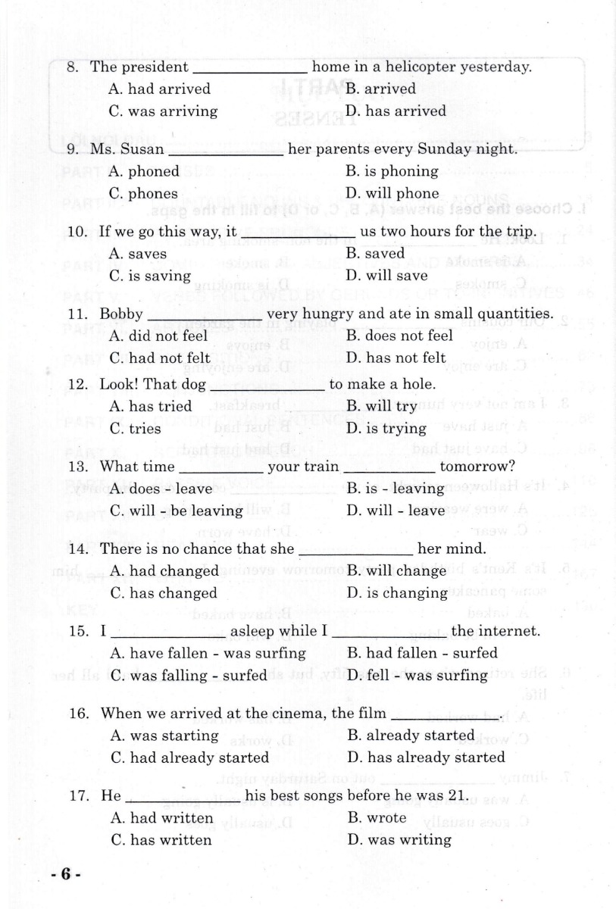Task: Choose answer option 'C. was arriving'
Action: (x=163, y=111)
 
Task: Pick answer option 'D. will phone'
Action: (x=392, y=193)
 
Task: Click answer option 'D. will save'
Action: (x=386, y=276)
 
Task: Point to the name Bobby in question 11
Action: (x=121, y=314)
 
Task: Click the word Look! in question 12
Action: (x=120, y=384)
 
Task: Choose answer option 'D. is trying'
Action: (x=386, y=429)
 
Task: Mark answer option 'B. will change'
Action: (x=395, y=570)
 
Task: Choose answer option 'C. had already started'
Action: (x=189, y=757)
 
